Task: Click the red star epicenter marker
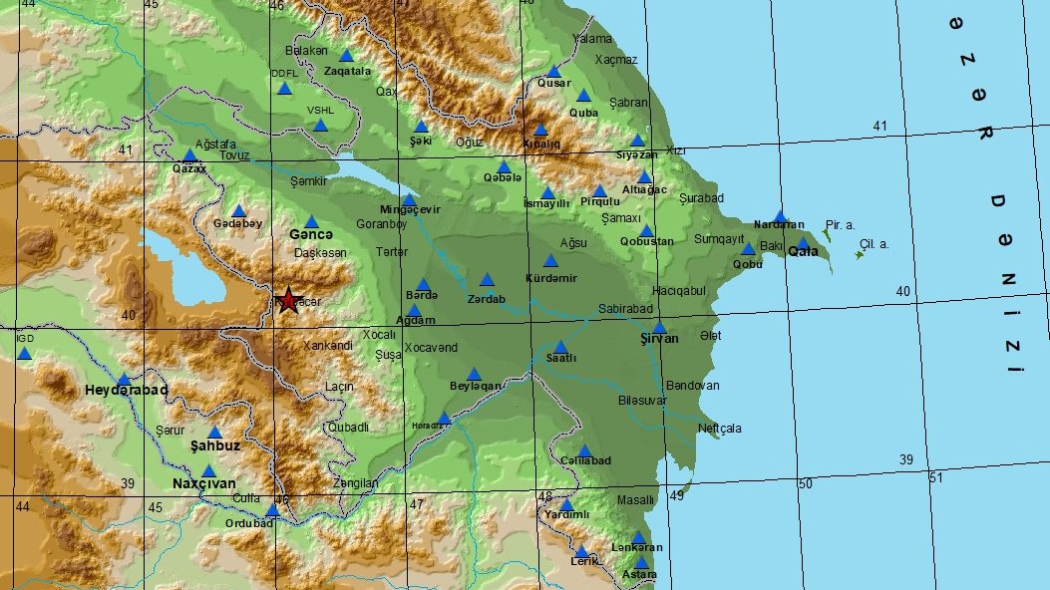click(288, 300)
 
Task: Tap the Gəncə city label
click(310, 234)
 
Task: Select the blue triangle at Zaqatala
click(346, 56)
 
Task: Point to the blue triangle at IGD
click(25, 353)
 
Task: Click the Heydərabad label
click(126, 390)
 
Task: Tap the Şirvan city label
click(658, 339)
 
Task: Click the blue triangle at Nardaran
click(780, 216)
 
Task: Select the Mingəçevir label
click(410, 209)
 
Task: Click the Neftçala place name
click(719, 429)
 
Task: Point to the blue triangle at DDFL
click(284, 88)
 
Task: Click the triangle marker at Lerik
click(581, 551)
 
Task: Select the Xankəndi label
click(327, 345)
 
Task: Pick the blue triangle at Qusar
click(554, 71)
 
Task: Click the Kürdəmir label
click(551, 278)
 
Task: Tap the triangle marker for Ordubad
click(271, 510)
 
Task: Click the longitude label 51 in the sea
click(935, 478)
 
